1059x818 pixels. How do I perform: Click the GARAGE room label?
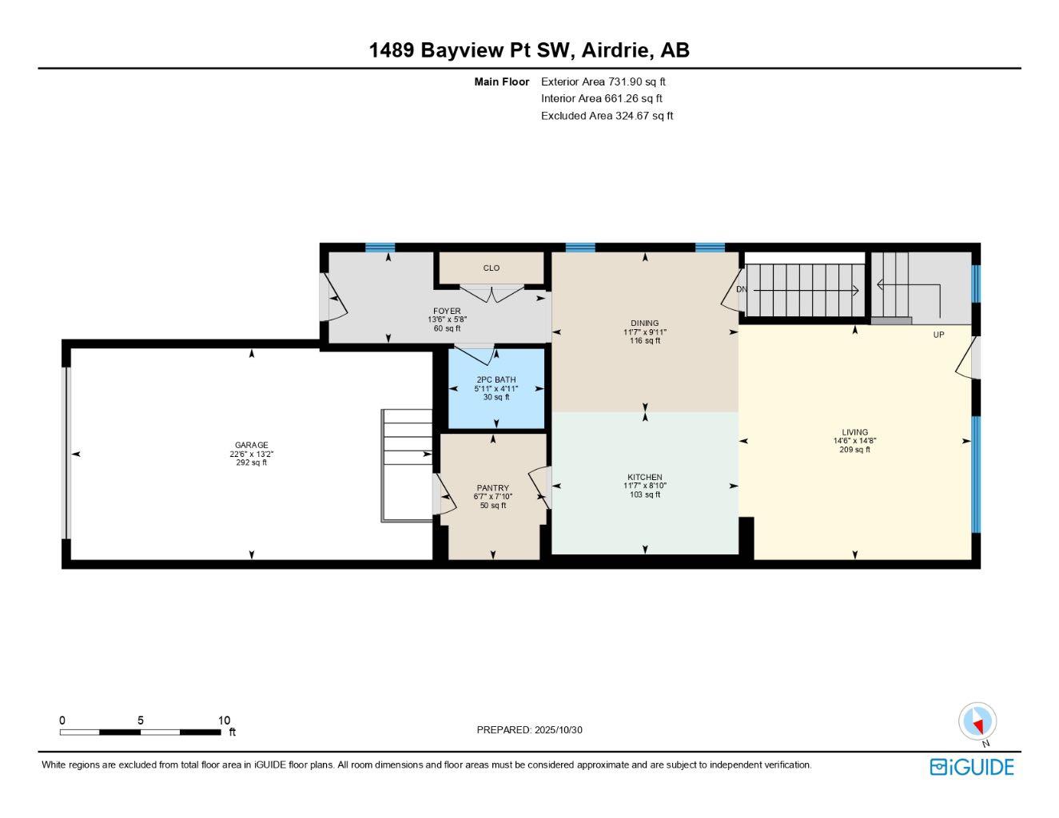(251, 445)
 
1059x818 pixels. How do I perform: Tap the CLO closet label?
(492, 268)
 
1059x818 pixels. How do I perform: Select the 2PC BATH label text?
(496, 379)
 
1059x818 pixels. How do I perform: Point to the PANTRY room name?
(492, 488)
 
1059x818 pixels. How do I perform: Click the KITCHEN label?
(644, 477)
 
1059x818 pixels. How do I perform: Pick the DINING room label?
(644, 324)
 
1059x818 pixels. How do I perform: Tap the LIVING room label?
(854, 432)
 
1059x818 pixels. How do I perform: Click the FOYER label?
(447, 311)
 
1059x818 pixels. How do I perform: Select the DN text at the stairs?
(741, 289)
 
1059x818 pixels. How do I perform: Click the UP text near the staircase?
(938, 335)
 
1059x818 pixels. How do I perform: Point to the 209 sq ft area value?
(854, 450)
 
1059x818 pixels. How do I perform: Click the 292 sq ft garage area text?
(251, 463)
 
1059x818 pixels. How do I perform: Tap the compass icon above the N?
(977, 721)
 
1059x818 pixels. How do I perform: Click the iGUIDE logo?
(971, 767)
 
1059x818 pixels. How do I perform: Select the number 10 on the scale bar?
(224, 720)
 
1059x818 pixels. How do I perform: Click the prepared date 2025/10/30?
(559, 729)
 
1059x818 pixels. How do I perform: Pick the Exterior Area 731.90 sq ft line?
(603, 81)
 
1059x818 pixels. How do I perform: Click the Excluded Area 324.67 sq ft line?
(607, 116)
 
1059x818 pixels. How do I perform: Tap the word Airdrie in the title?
(614, 50)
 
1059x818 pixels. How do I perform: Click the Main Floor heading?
(501, 81)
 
